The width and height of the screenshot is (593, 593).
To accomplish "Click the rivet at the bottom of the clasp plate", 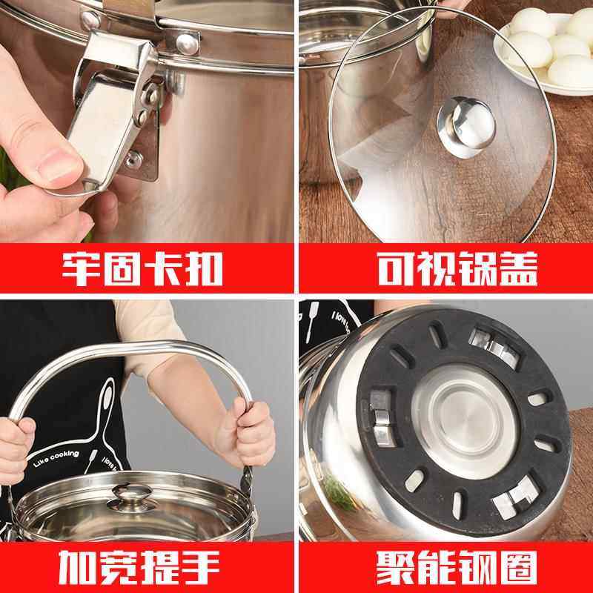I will coord(136,158).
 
